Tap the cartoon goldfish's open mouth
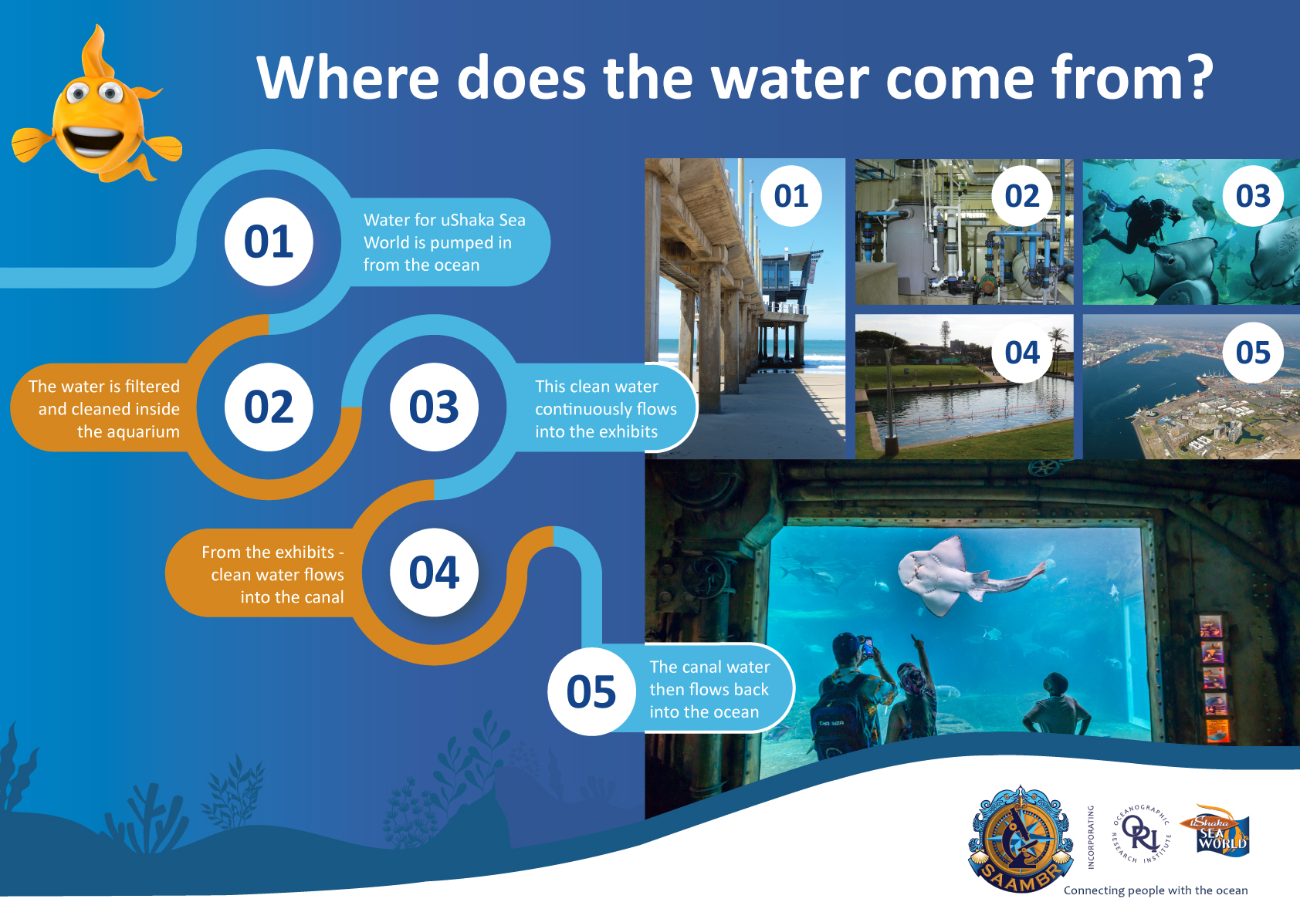coord(93,140)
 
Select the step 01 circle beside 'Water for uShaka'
coord(269,242)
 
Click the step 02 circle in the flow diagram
coord(269,407)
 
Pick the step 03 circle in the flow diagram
coord(434,407)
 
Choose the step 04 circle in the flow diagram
coord(434,572)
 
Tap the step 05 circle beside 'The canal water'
coord(591,691)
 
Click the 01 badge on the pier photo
coord(791,196)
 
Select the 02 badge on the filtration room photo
coord(1022,196)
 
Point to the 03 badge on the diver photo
coord(1253,196)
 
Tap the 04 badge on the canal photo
coord(1022,352)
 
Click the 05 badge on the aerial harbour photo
coord(1253,352)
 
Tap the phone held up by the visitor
coord(868,646)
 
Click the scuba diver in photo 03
coord(1135,222)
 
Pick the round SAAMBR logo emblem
coord(1021,838)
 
